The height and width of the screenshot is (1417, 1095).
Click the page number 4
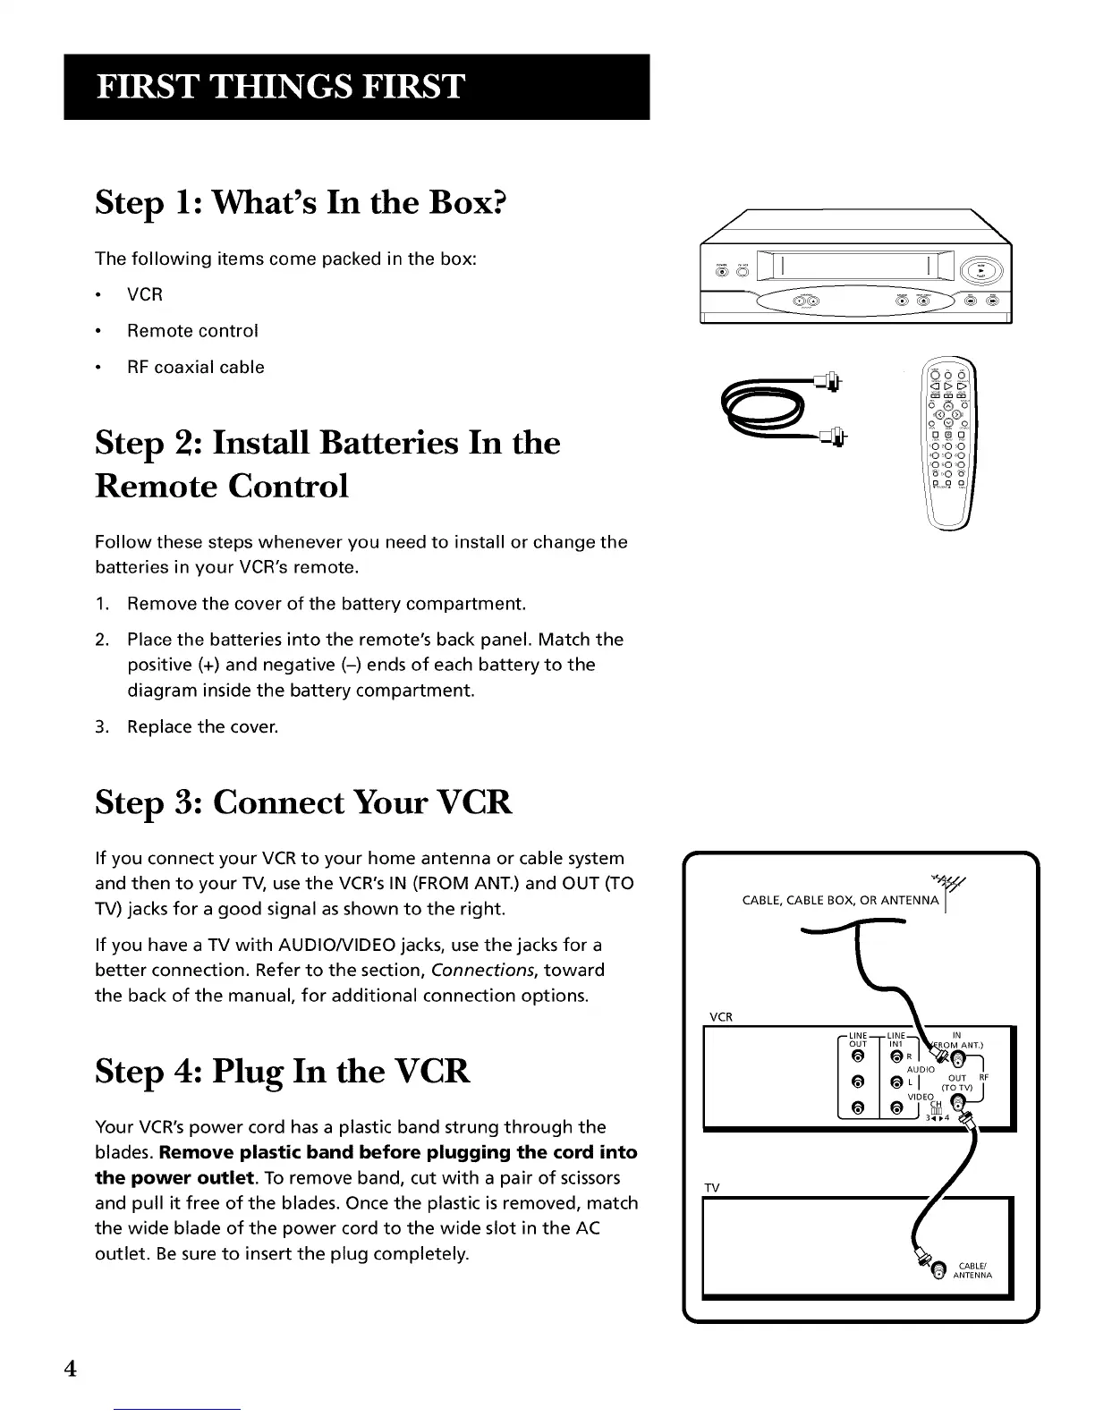point(70,1370)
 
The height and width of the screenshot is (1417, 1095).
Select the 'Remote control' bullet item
point(192,331)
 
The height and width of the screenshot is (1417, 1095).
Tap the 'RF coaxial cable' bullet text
point(195,368)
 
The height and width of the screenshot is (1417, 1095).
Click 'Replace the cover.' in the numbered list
point(203,727)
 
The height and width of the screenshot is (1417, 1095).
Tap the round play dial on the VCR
point(980,270)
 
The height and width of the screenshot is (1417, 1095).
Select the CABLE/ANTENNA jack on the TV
point(937,1270)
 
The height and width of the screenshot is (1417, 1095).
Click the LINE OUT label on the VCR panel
point(858,1039)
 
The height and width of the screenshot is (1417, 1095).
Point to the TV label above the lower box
point(712,1188)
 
